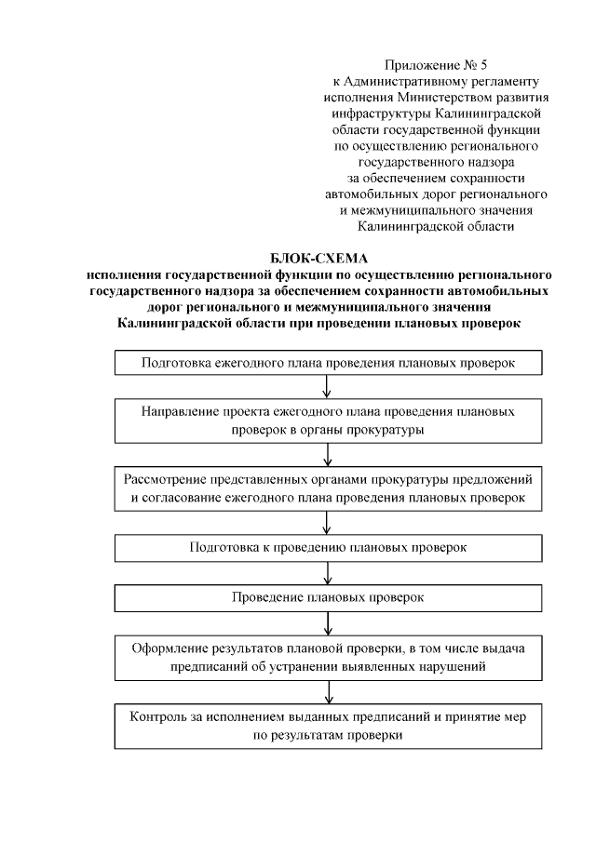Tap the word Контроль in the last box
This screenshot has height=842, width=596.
(158, 717)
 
